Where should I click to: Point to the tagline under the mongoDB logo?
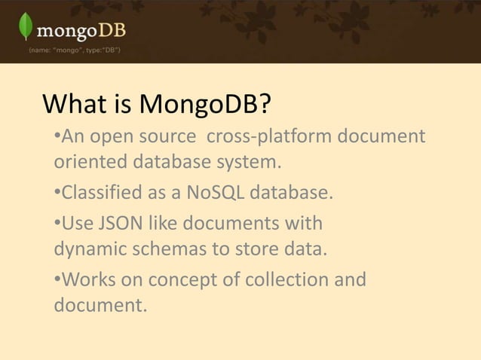[x=72, y=50]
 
